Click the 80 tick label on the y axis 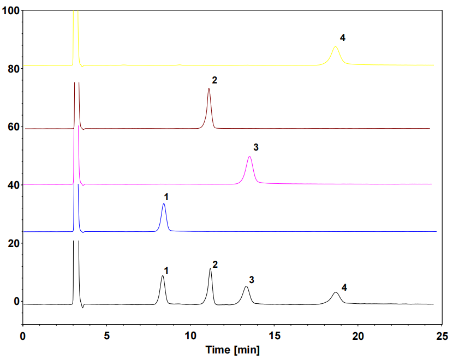point(11,69)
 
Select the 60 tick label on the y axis point(11,127)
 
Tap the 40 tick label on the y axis point(11,185)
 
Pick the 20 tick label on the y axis point(11,243)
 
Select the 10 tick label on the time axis point(190,334)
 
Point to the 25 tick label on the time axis point(443,334)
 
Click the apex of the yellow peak point(336,47)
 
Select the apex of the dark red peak point(208,88)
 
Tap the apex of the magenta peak point(249,157)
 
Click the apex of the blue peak point(164,204)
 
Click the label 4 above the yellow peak point(342,38)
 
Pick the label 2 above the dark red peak point(214,80)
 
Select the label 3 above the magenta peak point(255,147)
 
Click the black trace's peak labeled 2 point(210,269)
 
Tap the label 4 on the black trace point(344,287)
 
